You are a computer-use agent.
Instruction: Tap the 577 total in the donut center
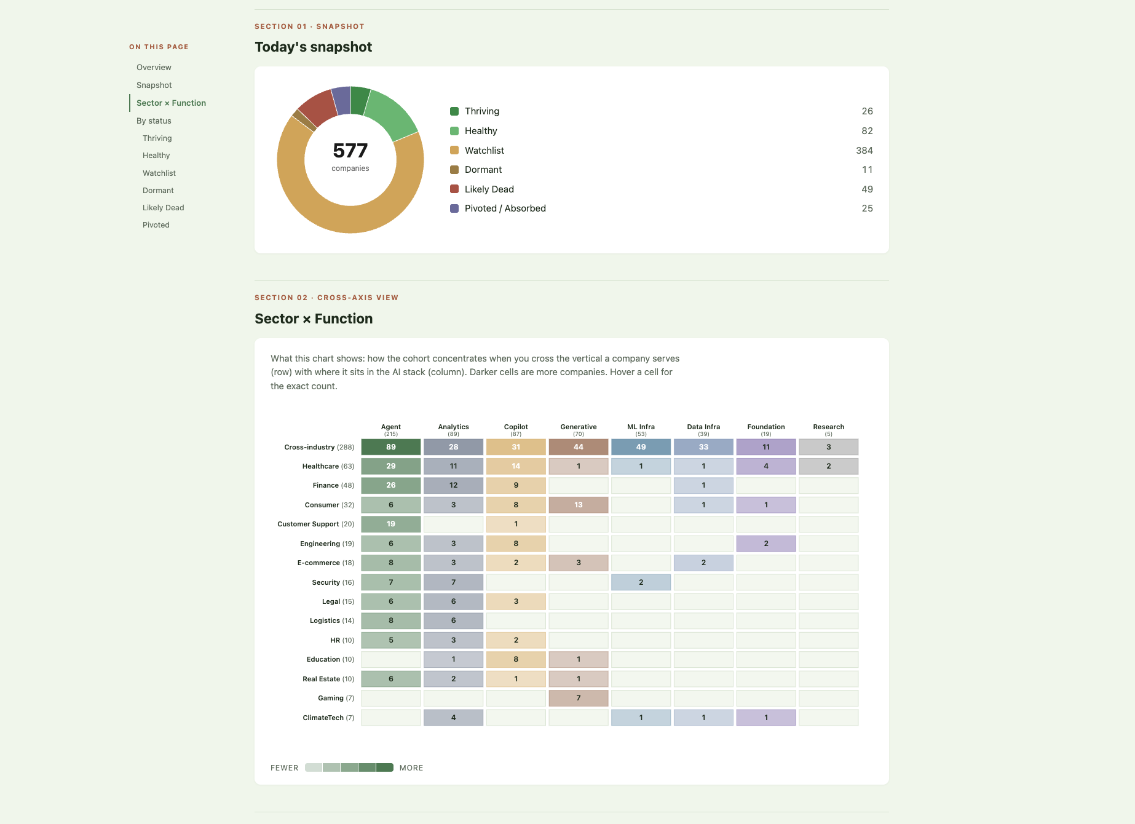click(x=350, y=151)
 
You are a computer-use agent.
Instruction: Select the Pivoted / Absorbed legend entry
click(x=505, y=208)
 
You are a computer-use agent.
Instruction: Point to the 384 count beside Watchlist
click(x=864, y=151)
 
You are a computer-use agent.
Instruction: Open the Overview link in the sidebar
click(x=154, y=68)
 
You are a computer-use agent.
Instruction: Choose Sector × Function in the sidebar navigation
click(x=171, y=103)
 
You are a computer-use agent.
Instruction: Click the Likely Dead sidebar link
click(x=163, y=208)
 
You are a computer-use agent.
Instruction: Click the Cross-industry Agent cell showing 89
click(x=390, y=447)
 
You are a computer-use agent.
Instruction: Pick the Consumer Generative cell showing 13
click(x=578, y=505)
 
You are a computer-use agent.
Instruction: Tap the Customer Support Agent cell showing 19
click(x=390, y=524)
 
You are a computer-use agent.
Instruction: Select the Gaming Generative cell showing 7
click(x=578, y=698)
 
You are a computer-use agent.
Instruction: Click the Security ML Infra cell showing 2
click(x=641, y=582)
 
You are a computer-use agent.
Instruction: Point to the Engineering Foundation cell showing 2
click(x=765, y=544)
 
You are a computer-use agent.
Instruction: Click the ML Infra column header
click(x=641, y=427)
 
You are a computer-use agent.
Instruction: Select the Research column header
click(x=828, y=427)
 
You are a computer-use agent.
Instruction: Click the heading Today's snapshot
click(x=313, y=47)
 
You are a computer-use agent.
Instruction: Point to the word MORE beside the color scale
click(x=411, y=768)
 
